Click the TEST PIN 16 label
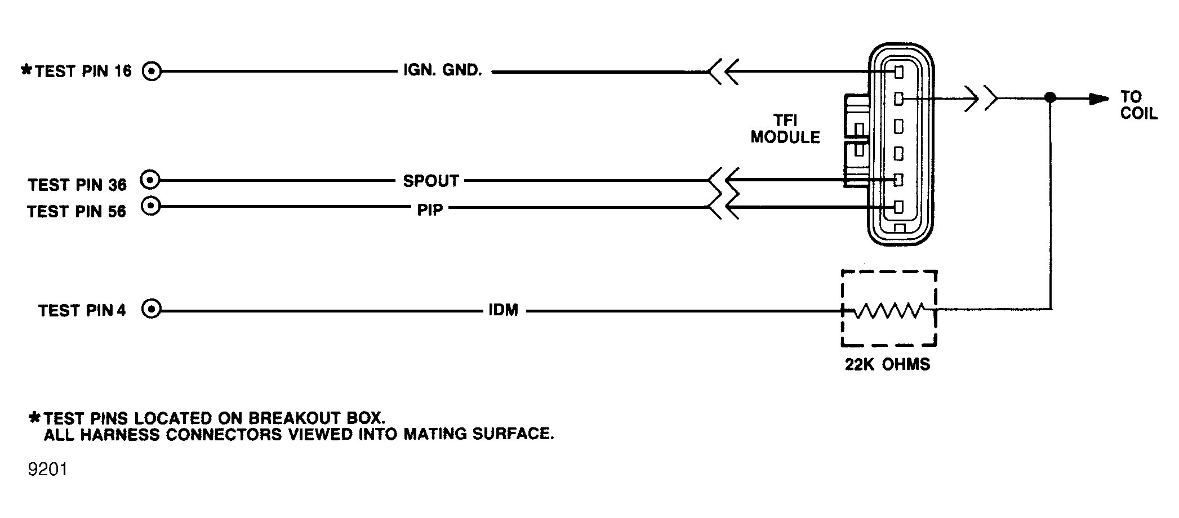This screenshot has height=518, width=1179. (83, 71)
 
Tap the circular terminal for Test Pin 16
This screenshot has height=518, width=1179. (152, 72)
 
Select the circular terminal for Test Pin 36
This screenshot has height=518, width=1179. (150, 180)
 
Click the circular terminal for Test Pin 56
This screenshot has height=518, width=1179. (150, 206)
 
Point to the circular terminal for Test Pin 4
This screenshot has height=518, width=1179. (152, 309)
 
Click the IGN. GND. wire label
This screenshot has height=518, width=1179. (443, 70)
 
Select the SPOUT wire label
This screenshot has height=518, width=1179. (431, 181)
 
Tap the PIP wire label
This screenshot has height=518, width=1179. (430, 209)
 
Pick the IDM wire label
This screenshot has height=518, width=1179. (503, 310)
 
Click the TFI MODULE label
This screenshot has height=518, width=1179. (785, 129)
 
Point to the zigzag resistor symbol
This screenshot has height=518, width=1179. (889, 310)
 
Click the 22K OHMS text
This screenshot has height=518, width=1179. (887, 364)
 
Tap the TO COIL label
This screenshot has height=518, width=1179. (1138, 105)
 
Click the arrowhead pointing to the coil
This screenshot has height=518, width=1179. (1100, 99)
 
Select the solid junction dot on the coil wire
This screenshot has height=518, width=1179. (1050, 97)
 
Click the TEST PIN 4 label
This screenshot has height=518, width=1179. (82, 310)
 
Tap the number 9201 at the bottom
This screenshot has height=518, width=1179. (48, 469)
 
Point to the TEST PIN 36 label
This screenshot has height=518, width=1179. (78, 185)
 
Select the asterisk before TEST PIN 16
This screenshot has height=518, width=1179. (26, 70)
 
